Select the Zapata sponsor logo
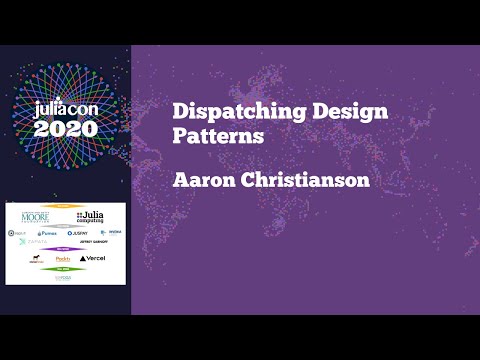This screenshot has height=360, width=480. click(x=34, y=242)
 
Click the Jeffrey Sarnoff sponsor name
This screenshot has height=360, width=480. click(x=92, y=242)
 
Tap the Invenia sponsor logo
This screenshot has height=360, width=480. click(x=115, y=233)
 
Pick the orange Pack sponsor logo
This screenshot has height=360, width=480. click(x=62, y=258)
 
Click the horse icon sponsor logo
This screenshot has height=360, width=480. click(x=36, y=258)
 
